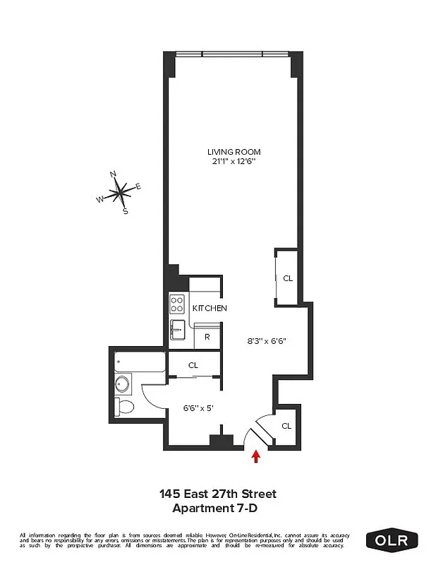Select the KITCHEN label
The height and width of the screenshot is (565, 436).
[210, 309]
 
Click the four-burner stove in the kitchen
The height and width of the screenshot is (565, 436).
[177, 304]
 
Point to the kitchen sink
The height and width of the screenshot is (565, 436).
[177, 329]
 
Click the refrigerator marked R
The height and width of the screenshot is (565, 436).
[207, 337]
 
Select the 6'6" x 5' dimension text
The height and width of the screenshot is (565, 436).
[198, 408]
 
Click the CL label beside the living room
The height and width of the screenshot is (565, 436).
[287, 278]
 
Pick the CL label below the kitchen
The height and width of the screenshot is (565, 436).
[193, 366]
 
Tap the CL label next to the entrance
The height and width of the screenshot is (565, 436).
[286, 426]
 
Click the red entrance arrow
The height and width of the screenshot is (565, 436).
[256, 457]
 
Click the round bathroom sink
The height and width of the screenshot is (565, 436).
[122, 384]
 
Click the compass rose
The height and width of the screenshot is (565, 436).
[121, 190]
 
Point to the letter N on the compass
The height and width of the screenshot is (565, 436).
[113, 173]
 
